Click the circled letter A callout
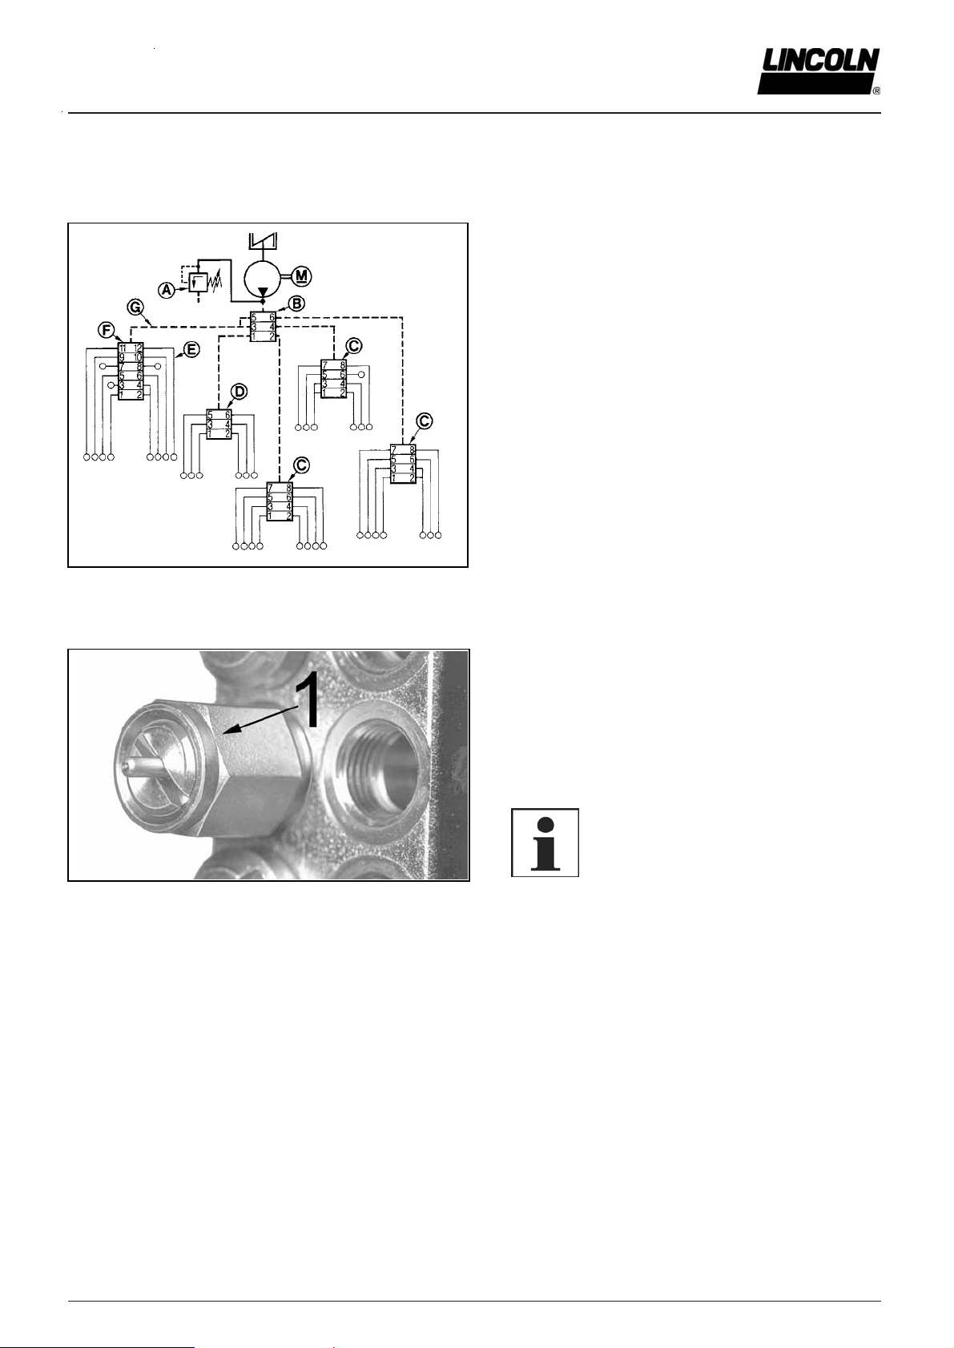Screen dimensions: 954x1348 (167, 290)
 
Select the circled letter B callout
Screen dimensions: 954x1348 (296, 303)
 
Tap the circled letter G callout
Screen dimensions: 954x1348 (135, 306)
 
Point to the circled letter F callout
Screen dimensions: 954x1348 (105, 329)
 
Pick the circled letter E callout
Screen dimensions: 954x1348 (191, 349)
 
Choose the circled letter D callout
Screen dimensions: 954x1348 (239, 392)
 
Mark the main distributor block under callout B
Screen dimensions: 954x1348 (263, 327)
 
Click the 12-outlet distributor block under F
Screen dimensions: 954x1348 (131, 371)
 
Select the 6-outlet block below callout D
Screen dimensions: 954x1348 (219, 424)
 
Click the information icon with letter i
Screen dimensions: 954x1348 (545, 843)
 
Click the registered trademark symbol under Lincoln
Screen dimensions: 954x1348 (876, 91)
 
